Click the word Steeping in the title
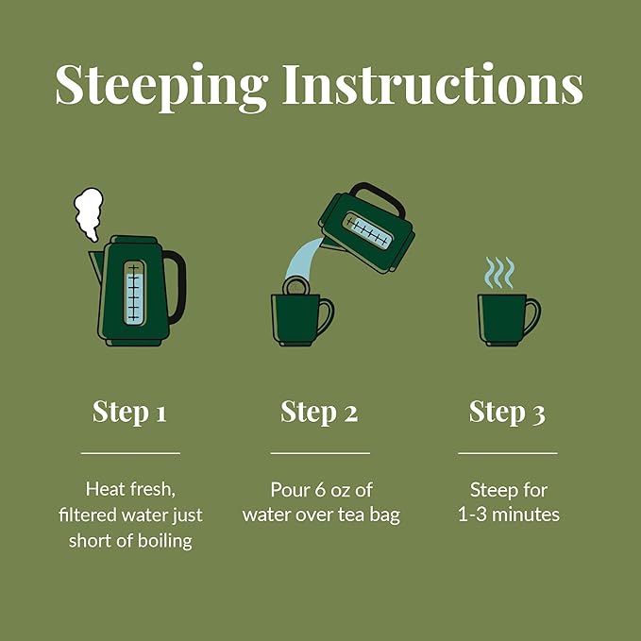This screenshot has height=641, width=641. click(161, 87)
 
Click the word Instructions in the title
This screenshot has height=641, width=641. click(433, 83)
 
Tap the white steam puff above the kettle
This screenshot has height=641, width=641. click(89, 213)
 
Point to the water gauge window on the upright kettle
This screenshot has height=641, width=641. click(134, 293)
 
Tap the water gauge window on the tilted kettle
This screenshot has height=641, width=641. click(367, 230)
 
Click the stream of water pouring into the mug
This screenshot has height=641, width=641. click(303, 260)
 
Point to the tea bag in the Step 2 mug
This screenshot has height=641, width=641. click(296, 286)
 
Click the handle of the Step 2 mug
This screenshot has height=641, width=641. click(327, 315)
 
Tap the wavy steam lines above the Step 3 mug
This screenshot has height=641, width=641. click(499, 273)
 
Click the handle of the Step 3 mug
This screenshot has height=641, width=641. click(533, 315)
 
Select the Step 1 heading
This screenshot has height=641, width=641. click(129, 412)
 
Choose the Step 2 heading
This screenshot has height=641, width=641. click(319, 412)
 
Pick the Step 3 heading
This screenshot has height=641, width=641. click(507, 412)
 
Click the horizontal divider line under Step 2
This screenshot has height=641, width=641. click(320, 453)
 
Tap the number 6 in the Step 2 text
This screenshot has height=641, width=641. click(320, 490)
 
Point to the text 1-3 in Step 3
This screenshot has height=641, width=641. click(472, 514)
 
